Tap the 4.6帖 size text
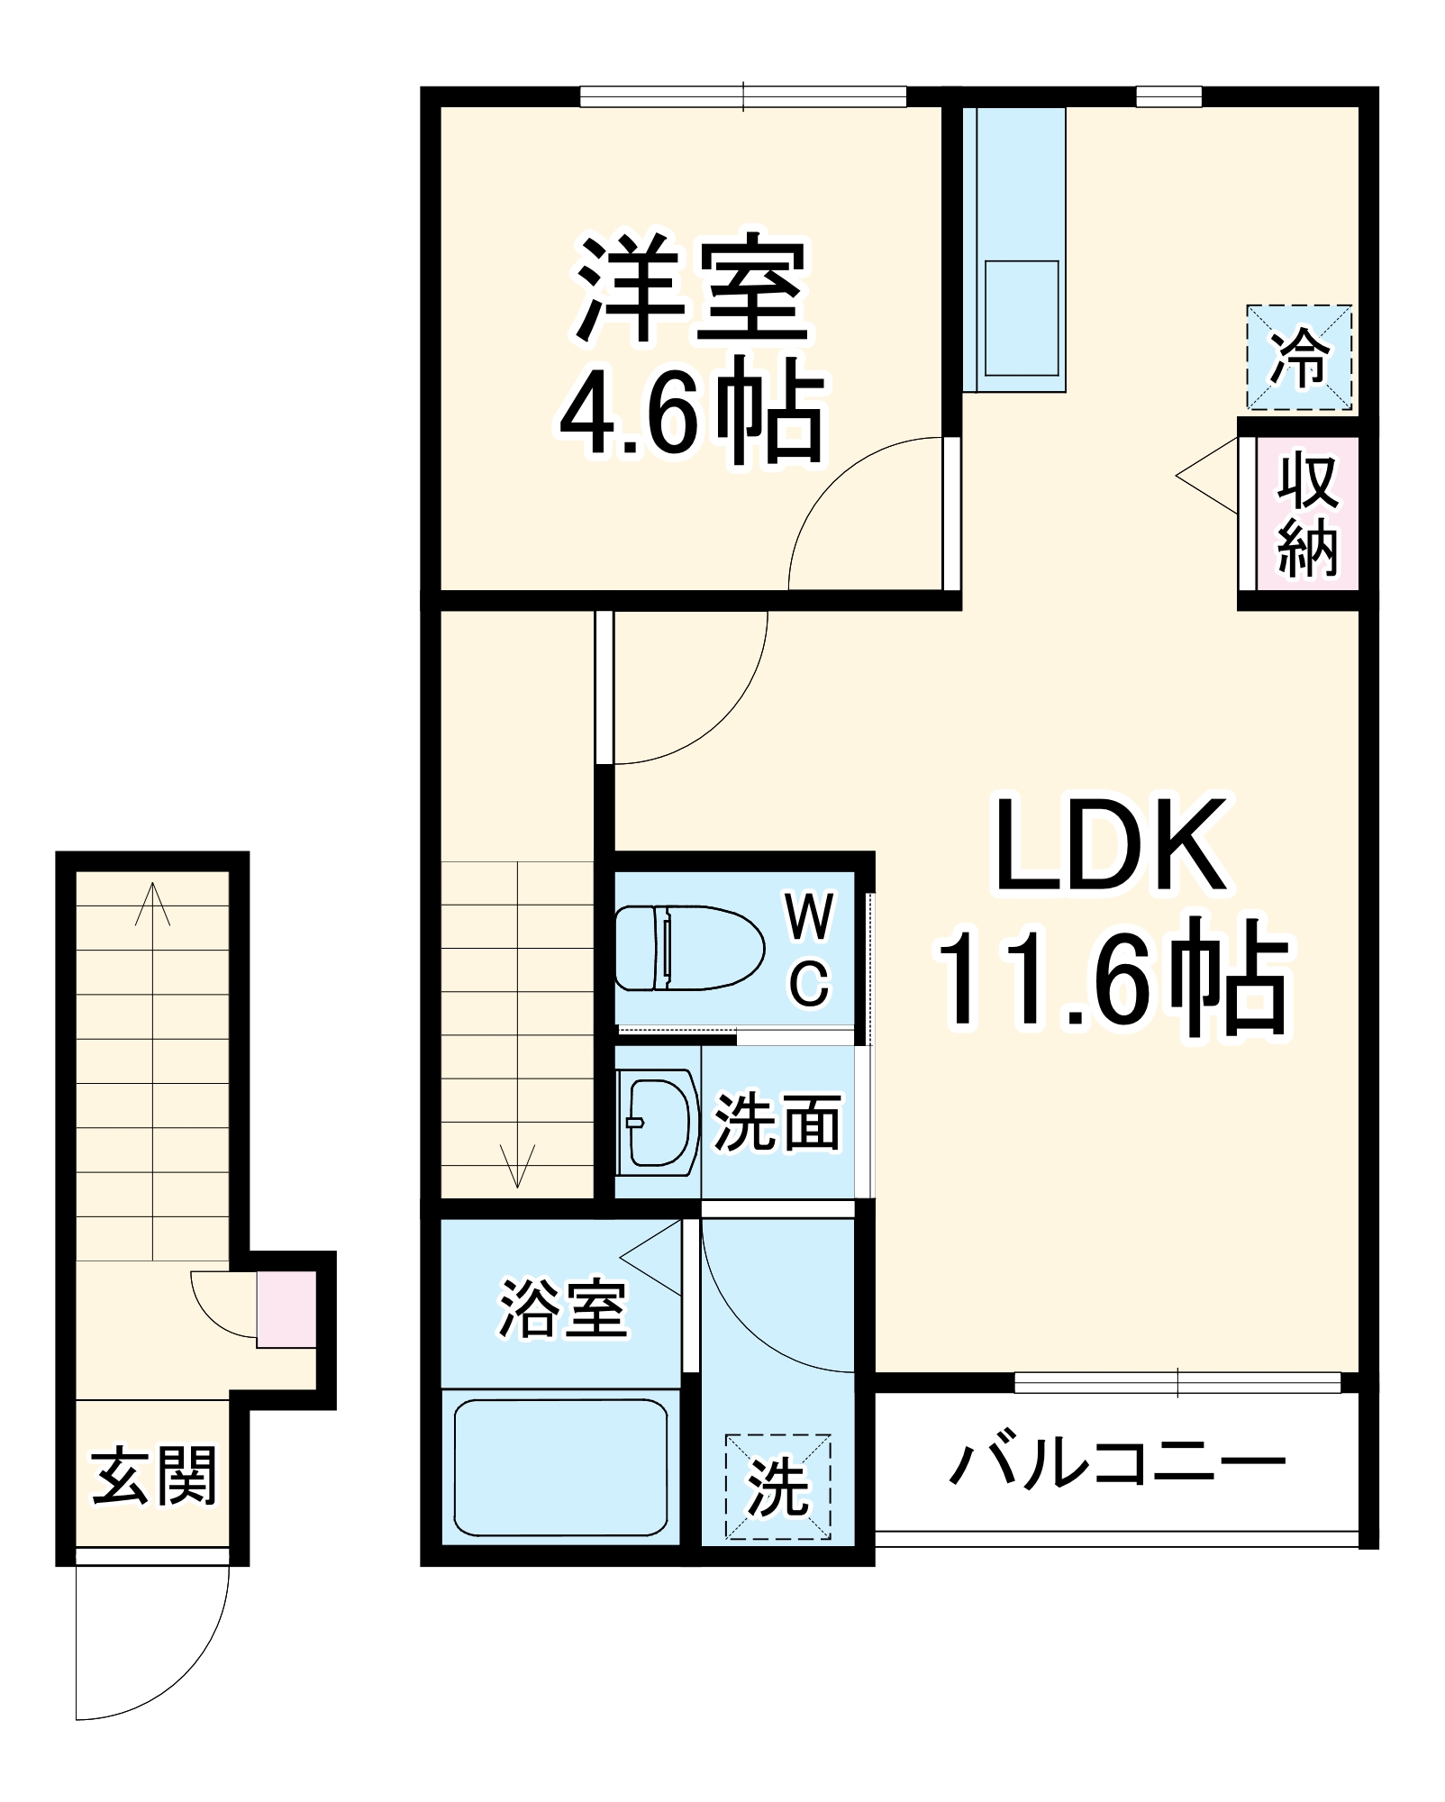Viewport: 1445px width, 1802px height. (692, 411)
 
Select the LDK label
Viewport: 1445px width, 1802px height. (1110, 844)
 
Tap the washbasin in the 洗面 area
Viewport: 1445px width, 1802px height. (657, 1123)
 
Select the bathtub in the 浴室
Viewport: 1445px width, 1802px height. (560, 1468)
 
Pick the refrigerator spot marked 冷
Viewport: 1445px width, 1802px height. (1299, 358)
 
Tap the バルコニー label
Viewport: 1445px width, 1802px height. (1117, 1464)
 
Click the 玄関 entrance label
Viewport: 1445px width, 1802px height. (154, 1475)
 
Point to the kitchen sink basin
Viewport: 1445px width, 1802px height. (1021, 318)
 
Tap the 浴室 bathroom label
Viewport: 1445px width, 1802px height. (563, 1308)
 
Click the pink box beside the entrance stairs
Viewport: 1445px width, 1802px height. (286, 1309)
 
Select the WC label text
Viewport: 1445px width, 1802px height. (809, 950)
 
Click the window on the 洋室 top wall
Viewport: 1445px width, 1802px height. (743, 96)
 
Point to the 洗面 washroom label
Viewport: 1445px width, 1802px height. (777, 1123)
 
